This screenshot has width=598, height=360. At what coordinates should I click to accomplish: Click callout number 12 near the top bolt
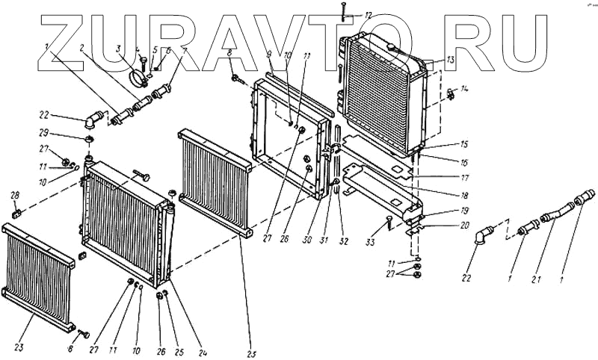tap(367, 15)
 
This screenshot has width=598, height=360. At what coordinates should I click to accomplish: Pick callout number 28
tap(14, 196)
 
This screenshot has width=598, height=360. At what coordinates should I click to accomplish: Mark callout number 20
tap(445, 225)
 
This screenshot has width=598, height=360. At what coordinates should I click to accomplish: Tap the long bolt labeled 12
tap(342, 10)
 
